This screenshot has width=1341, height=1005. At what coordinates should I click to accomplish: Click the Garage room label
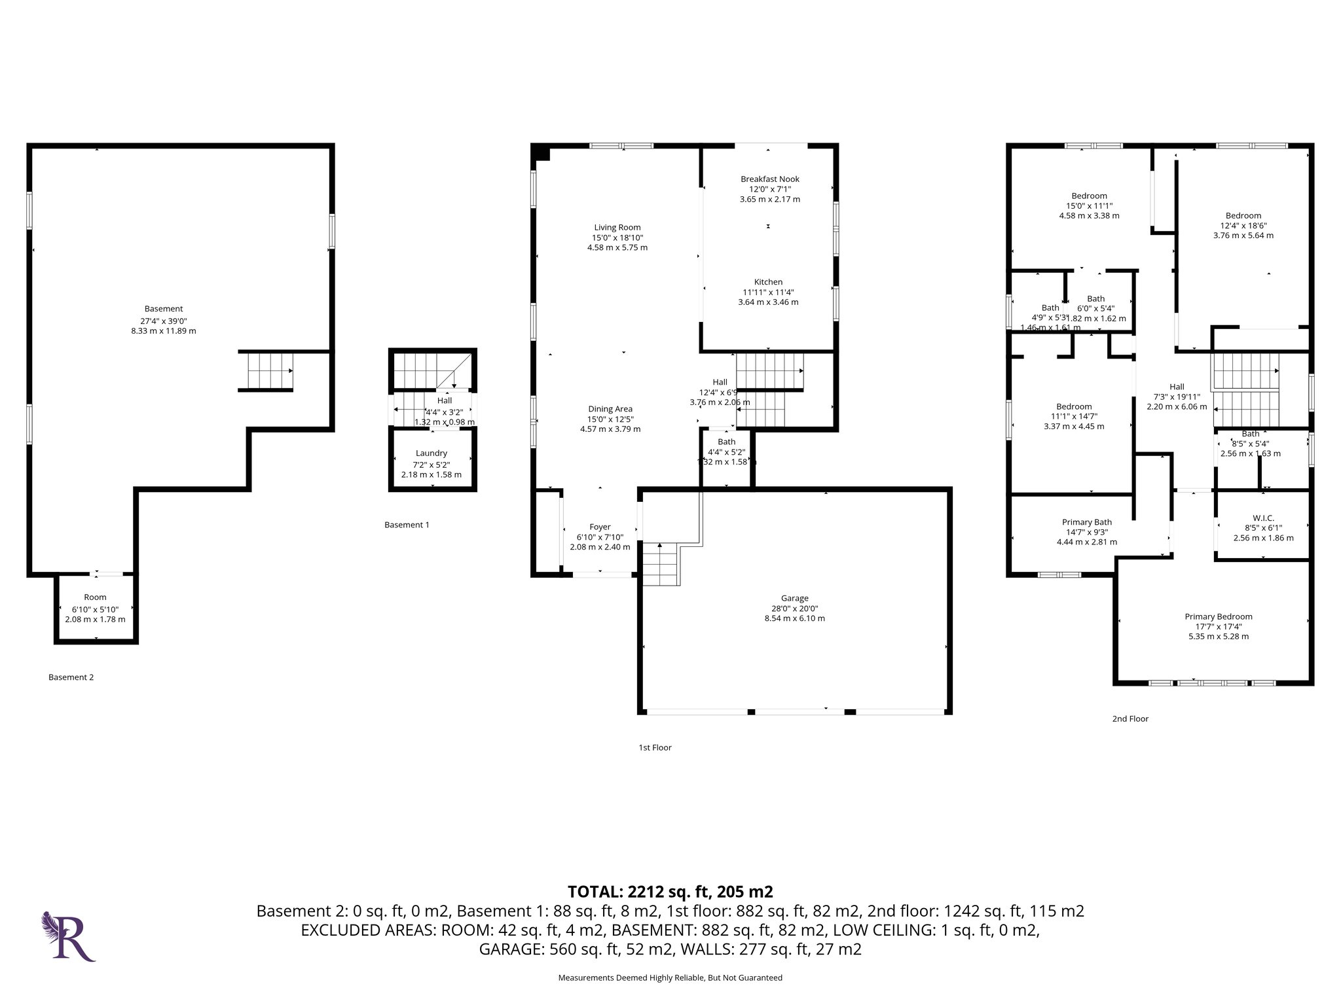(794, 598)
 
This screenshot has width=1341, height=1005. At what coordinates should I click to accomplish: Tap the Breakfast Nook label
(769, 179)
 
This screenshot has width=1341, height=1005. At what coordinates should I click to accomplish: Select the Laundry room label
(431, 453)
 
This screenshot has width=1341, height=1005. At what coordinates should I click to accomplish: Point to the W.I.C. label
(1263, 518)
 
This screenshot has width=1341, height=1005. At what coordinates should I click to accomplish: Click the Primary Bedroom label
(1218, 616)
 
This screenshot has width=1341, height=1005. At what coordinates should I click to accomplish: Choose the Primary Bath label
(1086, 522)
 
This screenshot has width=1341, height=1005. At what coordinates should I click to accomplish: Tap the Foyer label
(600, 527)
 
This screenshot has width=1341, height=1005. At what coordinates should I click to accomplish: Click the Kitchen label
(768, 282)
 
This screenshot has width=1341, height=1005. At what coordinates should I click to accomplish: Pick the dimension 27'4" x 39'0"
(164, 321)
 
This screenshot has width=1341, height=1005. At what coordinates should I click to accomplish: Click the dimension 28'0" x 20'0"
(794, 608)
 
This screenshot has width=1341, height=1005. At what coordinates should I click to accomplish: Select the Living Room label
(617, 228)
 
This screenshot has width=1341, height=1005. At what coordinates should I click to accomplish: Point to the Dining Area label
(610, 409)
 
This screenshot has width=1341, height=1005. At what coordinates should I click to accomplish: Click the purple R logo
(69, 936)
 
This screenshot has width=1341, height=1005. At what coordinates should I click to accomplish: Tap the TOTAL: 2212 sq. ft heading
(670, 891)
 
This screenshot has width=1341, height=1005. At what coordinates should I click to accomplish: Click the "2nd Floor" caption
(1130, 718)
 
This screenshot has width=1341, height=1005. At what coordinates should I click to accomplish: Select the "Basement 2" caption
(71, 677)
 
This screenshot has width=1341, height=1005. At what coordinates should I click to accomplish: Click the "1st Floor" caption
(655, 747)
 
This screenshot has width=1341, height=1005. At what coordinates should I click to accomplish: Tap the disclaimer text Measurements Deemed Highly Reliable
(670, 978)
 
